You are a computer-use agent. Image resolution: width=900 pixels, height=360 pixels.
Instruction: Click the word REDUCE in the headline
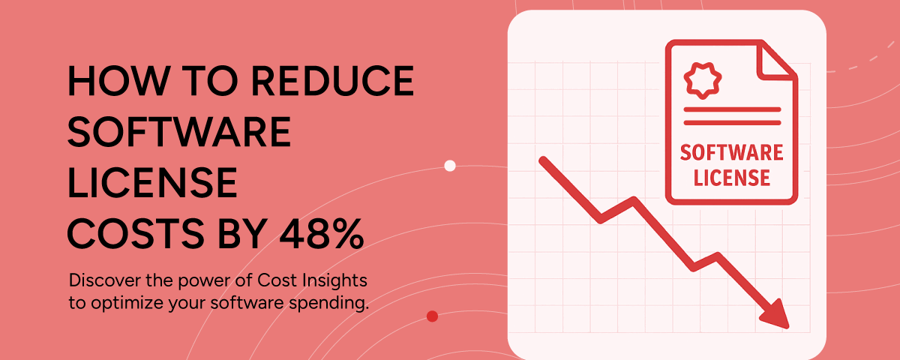pos(332,80)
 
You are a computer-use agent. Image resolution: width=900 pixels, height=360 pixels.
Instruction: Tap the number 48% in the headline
pos(322,233)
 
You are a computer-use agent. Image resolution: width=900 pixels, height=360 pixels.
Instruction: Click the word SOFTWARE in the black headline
pos(179,131)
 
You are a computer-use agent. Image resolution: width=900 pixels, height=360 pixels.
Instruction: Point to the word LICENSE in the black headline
pos(152,182)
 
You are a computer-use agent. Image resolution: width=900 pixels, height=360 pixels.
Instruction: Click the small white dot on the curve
pos(450,166)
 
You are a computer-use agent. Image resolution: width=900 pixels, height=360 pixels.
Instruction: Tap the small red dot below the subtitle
pos(432,316)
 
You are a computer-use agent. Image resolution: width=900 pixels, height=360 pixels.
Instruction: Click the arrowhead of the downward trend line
pos(776,316)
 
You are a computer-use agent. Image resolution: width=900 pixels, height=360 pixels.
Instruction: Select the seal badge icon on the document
pos(703,80)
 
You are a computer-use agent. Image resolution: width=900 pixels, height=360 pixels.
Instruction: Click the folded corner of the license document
pos(776,60)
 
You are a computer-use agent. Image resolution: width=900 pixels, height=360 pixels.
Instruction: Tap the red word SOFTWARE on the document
pos(732,153)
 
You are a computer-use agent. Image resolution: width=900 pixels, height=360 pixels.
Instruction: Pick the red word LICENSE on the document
pos(732,178)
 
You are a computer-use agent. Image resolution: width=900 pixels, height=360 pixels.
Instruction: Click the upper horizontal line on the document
pos(732,109)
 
